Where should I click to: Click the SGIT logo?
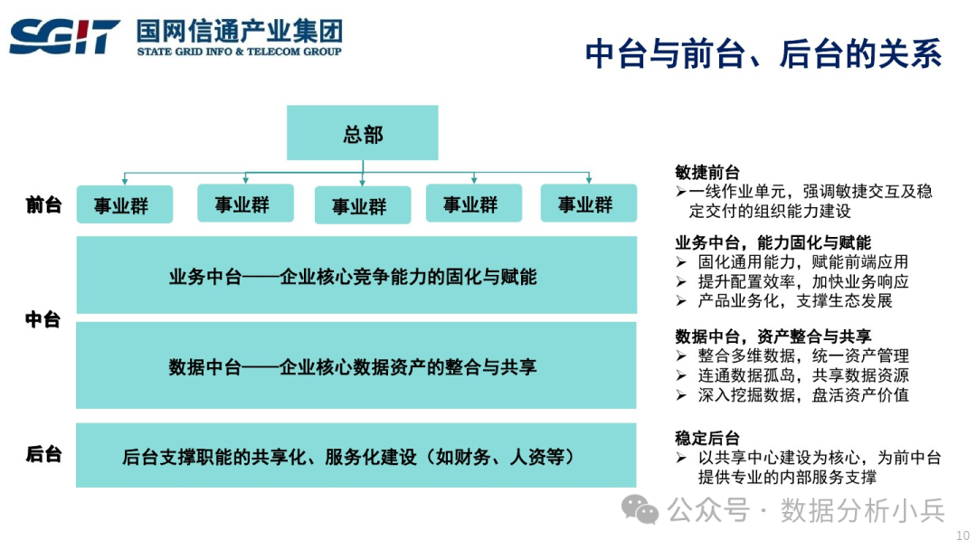pyautogui.click(x=65, y=37)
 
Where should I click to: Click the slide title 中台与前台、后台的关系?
pyautogui.click(x=763, y=53)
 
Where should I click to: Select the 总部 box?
pyautogui.click(x=363, y=134)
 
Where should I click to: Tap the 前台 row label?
pyautogui.click(x=43, y=205)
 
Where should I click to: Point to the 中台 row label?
pyautogui.click(x=43, y=319)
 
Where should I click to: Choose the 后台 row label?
pyautogui.click(x=43, y=454)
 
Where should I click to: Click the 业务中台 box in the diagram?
pyautogui.click(x=356, y=276)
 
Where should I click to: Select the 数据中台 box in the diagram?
pyautogui.click(x=356, y=366)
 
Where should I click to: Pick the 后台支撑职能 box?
pyautogui.click(x=356, y=456)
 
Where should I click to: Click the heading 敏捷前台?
pyautogui.click(x=707, y=172)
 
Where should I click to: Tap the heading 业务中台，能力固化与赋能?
pyautogui.click(x=773, y=242)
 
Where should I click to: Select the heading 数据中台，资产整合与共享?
pyautogui.click(x=773, y=337)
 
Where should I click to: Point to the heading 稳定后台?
pyautogui.click(x=707, y=438)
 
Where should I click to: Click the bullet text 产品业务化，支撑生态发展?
pyautogui.click(x=794, y=301)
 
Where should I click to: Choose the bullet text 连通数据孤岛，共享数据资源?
pyautogui.click(x=802, y=375)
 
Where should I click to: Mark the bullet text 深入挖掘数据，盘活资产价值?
pyautogui.click(x=802, y=395)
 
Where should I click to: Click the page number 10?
pyautogui.click(x=962, y=536)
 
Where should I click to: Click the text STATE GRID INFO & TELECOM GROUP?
pyautogui.click(x=240, y=52)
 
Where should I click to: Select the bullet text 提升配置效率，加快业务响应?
pyautogui.click(x=802, y=281)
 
